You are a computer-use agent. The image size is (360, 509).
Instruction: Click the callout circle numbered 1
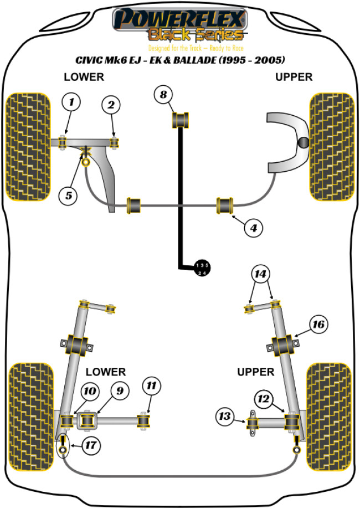coord(71,102)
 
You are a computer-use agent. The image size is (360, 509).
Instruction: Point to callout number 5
coord(69,194)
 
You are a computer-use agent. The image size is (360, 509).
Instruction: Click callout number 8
coord(163,95)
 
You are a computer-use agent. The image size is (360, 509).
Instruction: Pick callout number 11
coord(150,386)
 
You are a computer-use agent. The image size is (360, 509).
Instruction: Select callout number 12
coord(264,397)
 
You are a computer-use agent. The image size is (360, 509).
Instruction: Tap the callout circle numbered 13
coord(225,417)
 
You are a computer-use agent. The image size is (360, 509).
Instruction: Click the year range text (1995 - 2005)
coord(253,59)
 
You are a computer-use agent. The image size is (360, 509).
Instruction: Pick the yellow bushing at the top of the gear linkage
coord(182,119)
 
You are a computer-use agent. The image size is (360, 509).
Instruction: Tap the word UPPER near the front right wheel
coord(294,76)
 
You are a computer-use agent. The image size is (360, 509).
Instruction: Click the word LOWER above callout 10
coord(105,372)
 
